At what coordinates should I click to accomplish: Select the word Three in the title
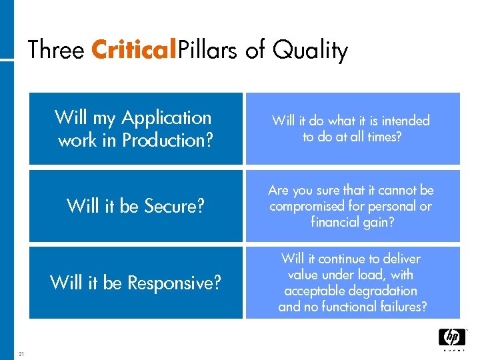point(55,50)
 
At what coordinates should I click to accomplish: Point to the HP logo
point(451,338)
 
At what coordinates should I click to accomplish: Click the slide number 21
point(21,354)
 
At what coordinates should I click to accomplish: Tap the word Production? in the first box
point(167,141)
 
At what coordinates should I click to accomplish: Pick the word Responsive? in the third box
point(174,283)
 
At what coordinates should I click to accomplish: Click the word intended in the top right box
point(404,121)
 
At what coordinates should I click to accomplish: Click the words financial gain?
point(352,223)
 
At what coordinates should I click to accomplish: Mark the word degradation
point(385,291)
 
